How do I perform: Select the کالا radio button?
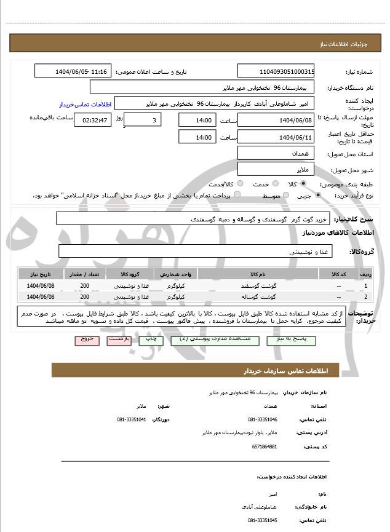pyautogui.click(x=303, y=184)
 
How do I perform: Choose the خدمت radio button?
pyautogui.click(x=275, y=184)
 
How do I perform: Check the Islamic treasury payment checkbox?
pyautogui.click(x=237, y=195)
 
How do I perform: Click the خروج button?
pyautogui.click(x=86, y=339)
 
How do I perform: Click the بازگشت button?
pyautogui.click(x=119, y=339)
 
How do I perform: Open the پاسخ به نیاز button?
pyautogui.click(x=288, y=339)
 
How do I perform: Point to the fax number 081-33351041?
pyautogui.click(x=131, y=419)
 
